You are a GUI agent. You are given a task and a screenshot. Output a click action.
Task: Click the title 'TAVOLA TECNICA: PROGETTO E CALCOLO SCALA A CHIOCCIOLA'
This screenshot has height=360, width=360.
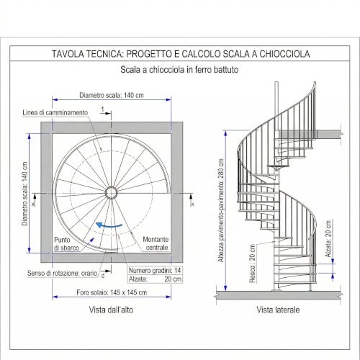180,54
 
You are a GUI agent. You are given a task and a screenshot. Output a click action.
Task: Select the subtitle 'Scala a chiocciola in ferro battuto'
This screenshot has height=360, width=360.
179,71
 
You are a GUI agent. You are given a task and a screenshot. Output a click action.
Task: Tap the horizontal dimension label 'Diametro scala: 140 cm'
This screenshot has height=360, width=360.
111,94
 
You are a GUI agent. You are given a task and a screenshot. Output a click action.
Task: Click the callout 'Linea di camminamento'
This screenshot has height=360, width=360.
55,113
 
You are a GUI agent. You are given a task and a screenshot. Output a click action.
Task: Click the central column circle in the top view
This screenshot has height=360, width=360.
112,192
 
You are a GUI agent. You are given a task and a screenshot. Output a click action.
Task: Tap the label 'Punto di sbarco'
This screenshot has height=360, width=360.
66,243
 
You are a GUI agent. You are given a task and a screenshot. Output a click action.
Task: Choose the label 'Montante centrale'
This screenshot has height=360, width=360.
156,243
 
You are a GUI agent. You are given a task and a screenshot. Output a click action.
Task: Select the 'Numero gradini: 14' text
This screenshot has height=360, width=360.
154,269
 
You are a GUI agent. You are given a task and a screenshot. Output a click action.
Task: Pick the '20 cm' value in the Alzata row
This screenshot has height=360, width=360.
172,278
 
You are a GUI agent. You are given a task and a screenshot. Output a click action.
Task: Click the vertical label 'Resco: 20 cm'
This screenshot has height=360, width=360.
253,266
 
